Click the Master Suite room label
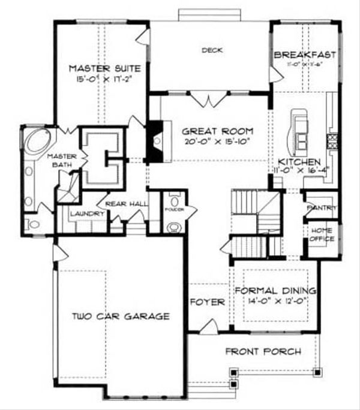(x=101, y=67)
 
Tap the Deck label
(x=212, y=50)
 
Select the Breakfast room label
(x=304, y=55)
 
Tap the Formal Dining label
(x=275, y=291)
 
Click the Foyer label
(x=207, y=302)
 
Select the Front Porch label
(x=263, y=351)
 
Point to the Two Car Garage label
(x=120, y=316)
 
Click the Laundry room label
(x=83, y=213)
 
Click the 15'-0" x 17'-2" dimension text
(x=101, y=78)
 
